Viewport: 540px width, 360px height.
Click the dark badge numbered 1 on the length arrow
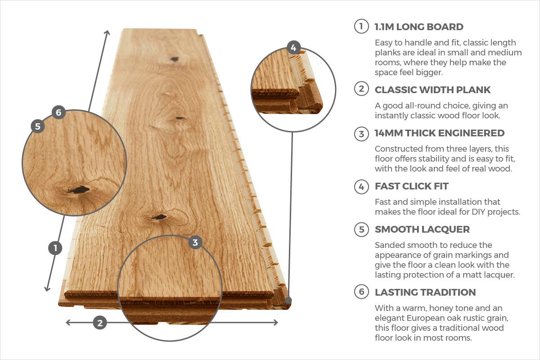point(55,248)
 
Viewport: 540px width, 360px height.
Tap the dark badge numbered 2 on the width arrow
point(100,322)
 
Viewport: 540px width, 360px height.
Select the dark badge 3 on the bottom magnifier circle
point(195,243)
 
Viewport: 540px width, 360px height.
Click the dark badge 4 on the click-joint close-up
point(293,47)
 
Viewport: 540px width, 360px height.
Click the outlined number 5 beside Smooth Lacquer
point(361,229)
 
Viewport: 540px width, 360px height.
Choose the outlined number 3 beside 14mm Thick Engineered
point(361,134)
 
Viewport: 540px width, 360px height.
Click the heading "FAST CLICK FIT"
point(411,186)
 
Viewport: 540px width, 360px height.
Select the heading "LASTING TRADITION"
point(425,292)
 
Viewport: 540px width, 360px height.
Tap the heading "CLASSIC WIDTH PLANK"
point(432,90)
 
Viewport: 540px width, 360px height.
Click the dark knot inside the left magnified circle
point(79,190)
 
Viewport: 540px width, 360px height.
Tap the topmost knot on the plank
point(174,59)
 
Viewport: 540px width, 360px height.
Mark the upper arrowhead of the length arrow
point(107,32)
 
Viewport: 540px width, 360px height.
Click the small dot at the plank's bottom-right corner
point(288,300)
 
